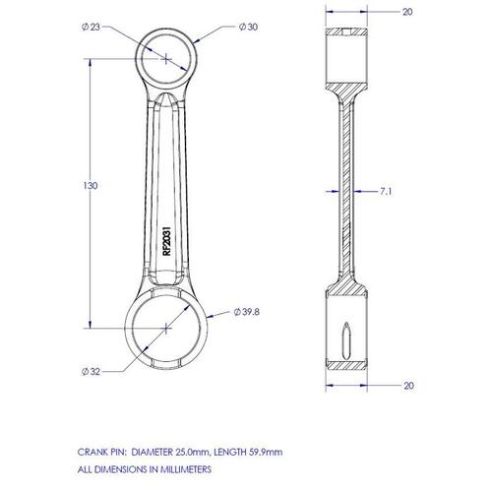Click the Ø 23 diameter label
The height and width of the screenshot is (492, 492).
click(91, 27)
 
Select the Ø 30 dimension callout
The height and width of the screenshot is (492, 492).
click(248, 27)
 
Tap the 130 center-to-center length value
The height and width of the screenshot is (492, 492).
click(91, 186)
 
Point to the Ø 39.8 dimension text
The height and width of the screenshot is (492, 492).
click(247, 312)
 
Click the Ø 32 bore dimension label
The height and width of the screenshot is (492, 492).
click(91, 372)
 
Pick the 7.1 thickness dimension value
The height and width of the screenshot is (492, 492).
click(386, 191)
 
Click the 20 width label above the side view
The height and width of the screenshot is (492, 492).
click(407, 12)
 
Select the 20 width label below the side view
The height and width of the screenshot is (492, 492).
click(408, 386)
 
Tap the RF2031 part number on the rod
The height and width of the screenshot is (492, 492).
click(167, 241)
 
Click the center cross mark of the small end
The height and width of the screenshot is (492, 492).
click(166, 59)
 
